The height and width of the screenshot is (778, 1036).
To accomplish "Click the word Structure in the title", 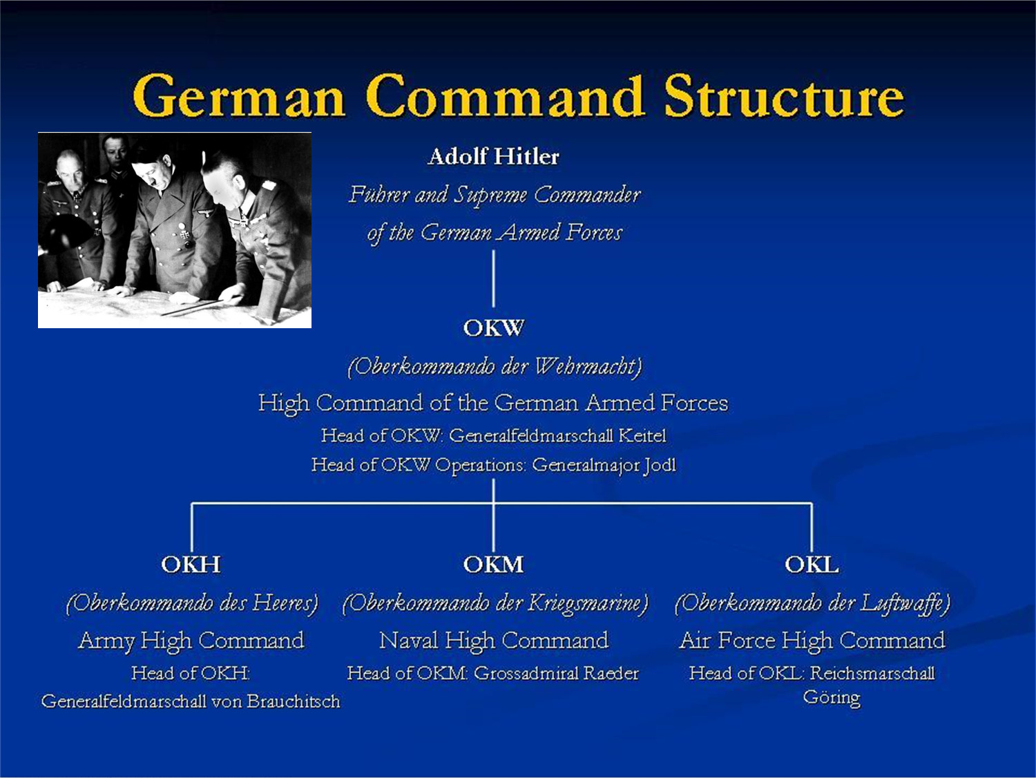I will coord(783,97).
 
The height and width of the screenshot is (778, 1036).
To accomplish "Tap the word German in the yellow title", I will coord(238,97).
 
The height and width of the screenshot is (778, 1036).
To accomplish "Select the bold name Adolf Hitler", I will coord(493,156).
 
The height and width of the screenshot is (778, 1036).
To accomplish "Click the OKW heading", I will coord(493,328).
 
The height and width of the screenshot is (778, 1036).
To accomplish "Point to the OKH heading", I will coord(191,564).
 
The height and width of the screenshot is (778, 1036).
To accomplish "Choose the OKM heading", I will coord(493,564).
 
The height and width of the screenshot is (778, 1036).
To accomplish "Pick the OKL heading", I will coord(812,564).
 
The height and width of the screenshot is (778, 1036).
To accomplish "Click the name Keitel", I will coord(642,436).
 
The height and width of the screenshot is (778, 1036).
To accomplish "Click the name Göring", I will coord(832,697).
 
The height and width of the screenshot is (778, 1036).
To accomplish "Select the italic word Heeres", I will coord(283,603).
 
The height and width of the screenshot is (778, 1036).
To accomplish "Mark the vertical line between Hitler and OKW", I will coord(493,278).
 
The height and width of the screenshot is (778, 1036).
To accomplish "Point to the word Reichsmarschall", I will coord(872,673).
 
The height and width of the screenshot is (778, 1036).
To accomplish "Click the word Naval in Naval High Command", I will coord(409,641).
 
